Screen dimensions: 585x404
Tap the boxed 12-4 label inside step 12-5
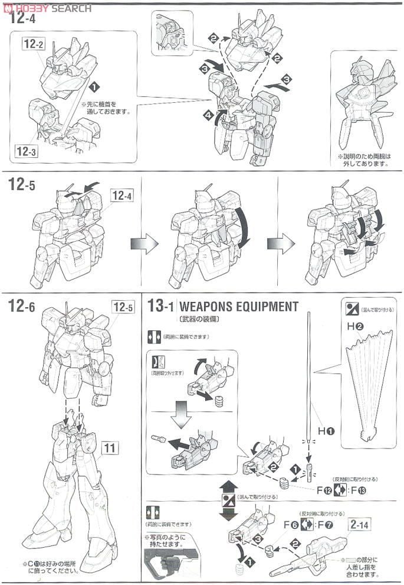[x=121, y=195]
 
